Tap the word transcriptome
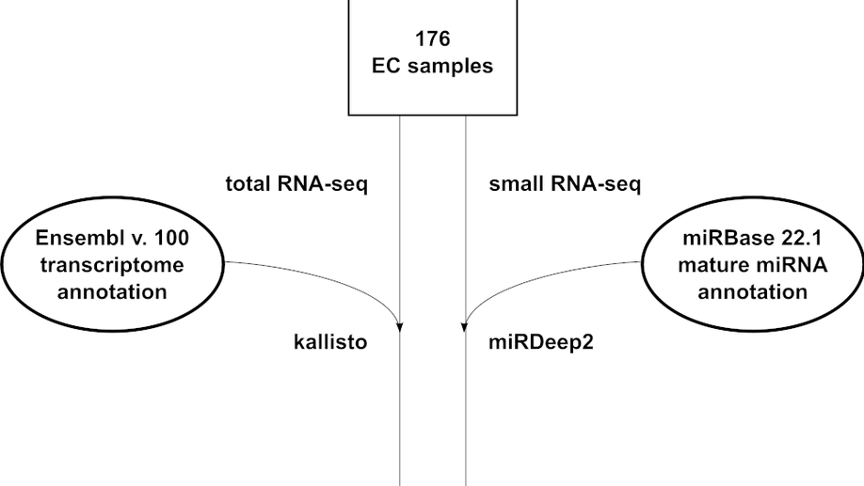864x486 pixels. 111,265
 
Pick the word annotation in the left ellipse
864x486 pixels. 111,291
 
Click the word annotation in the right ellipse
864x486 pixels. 753,291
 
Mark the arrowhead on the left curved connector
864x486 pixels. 401,327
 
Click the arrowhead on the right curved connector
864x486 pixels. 464,327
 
